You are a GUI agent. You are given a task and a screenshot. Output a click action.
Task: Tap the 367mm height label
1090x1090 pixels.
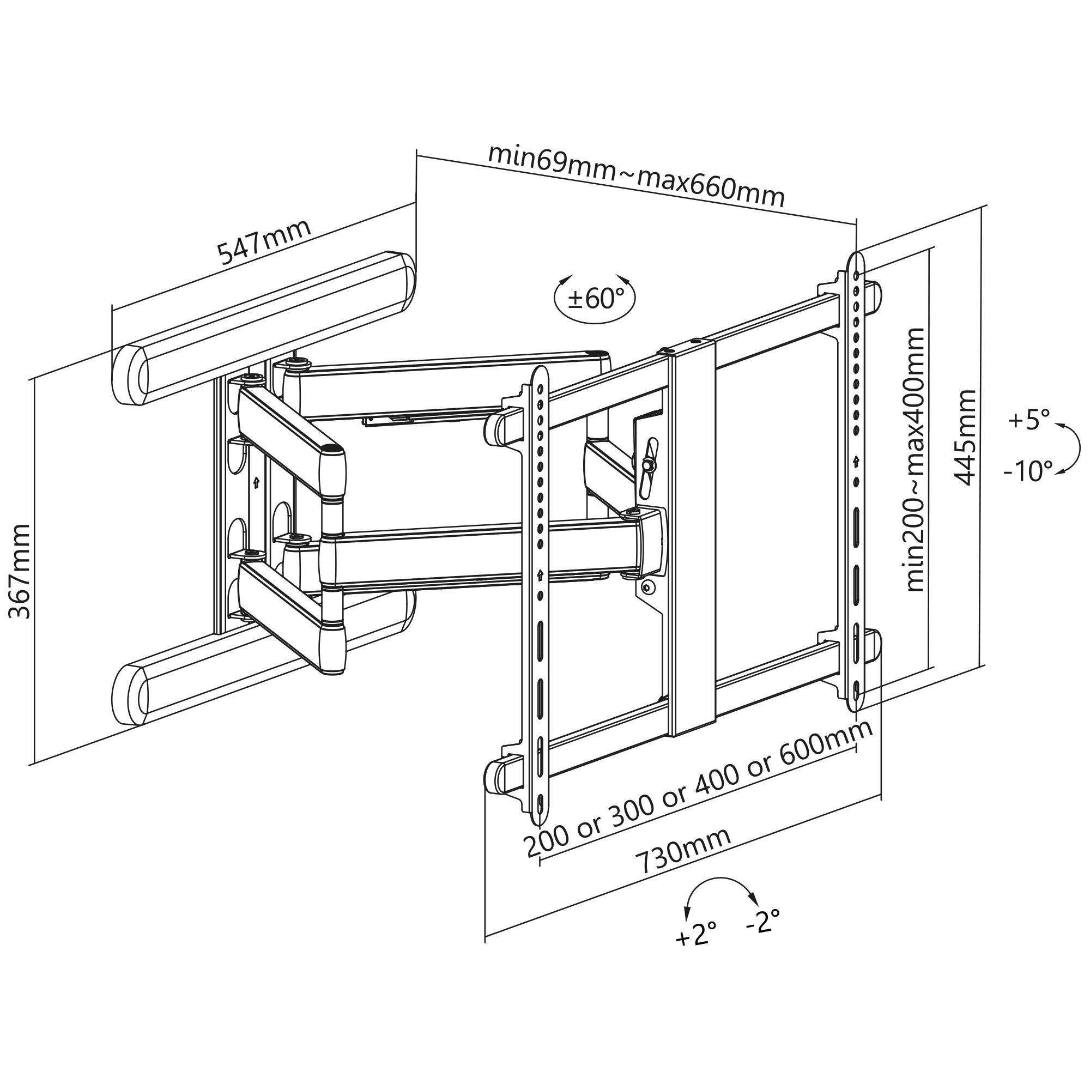[21, 571]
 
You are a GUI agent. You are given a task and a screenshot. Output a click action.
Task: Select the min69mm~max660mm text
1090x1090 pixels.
[636, 177]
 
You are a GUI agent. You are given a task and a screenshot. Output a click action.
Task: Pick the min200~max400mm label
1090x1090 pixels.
[915, 459]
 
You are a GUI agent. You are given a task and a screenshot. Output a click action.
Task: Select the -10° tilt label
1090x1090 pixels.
[1028, 471]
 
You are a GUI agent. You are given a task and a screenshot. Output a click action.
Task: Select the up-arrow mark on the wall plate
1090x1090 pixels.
[256, 482]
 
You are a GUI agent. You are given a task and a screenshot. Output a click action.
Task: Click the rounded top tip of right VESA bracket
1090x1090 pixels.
[856, 261]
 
